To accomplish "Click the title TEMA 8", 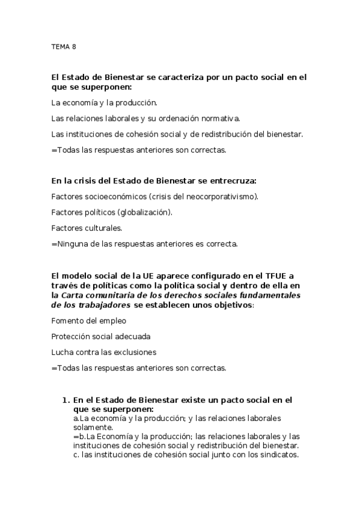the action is click(x=64, y=46).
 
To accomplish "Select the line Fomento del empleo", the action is click(x=88, y=321).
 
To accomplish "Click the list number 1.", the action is click(x=64, y=399).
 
